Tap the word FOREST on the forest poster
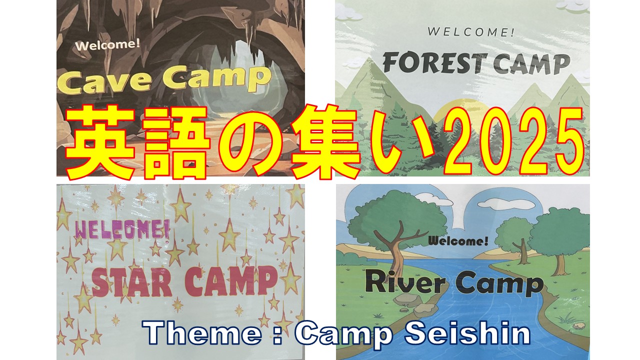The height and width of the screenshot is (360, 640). point(434,62)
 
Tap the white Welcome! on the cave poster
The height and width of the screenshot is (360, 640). point(107,45)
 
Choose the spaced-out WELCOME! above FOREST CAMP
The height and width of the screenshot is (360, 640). point(470,31)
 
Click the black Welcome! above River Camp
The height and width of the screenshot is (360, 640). point(458,241)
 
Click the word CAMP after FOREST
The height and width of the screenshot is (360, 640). point(531,64)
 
